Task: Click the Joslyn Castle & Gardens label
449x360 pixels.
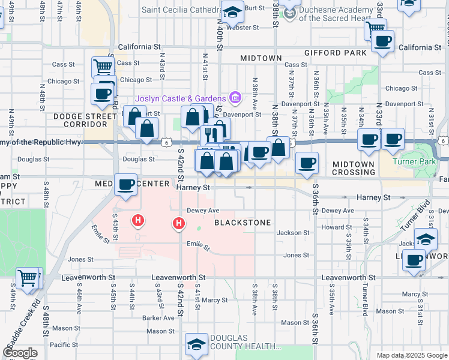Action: click(180, 98)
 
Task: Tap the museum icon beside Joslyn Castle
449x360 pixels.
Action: click(235, 98)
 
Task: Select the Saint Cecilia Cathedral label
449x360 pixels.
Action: click(180, 10)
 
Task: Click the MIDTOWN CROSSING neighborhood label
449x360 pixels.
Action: click(354, 168)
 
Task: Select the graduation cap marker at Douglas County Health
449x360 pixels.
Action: click(196, 343)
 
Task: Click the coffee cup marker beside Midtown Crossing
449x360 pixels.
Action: click(307, 163)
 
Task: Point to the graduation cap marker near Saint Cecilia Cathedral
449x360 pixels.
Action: click(232, 11)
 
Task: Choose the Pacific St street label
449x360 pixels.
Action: click(64, 344)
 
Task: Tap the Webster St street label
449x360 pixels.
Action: click(243, 28)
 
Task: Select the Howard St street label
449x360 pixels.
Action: click(332, 227)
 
